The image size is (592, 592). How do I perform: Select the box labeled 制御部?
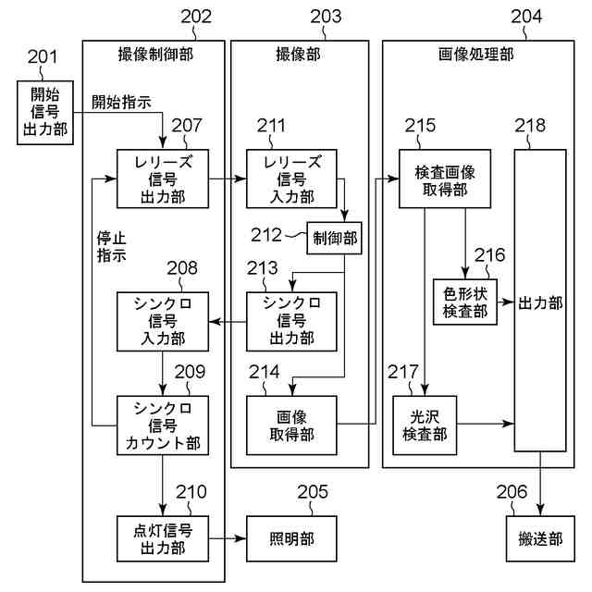point(335,240)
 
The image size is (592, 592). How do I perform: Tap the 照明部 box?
point(292,538)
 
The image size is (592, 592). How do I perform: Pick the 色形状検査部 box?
point(464,302)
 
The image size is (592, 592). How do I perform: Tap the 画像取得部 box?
point(292,425)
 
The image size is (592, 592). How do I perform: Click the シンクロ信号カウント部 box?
point(164,425)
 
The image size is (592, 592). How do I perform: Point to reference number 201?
point(43,58)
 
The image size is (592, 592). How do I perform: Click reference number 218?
point(530,125)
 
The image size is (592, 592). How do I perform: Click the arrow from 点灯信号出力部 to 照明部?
point(227,538)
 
